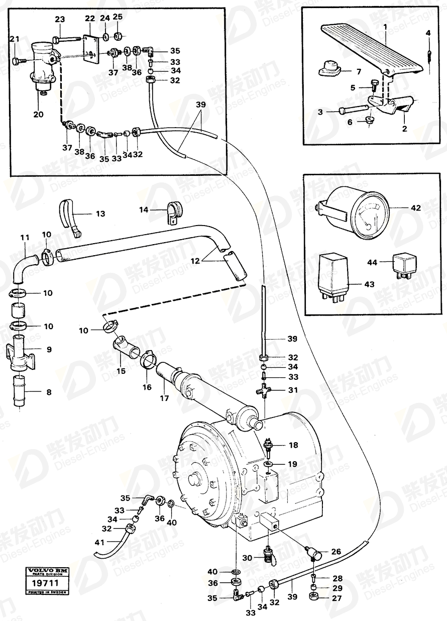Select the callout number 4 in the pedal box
[x=428, y=34]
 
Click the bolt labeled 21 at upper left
[x=18, y=61]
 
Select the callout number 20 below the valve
[x=38, y=114]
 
